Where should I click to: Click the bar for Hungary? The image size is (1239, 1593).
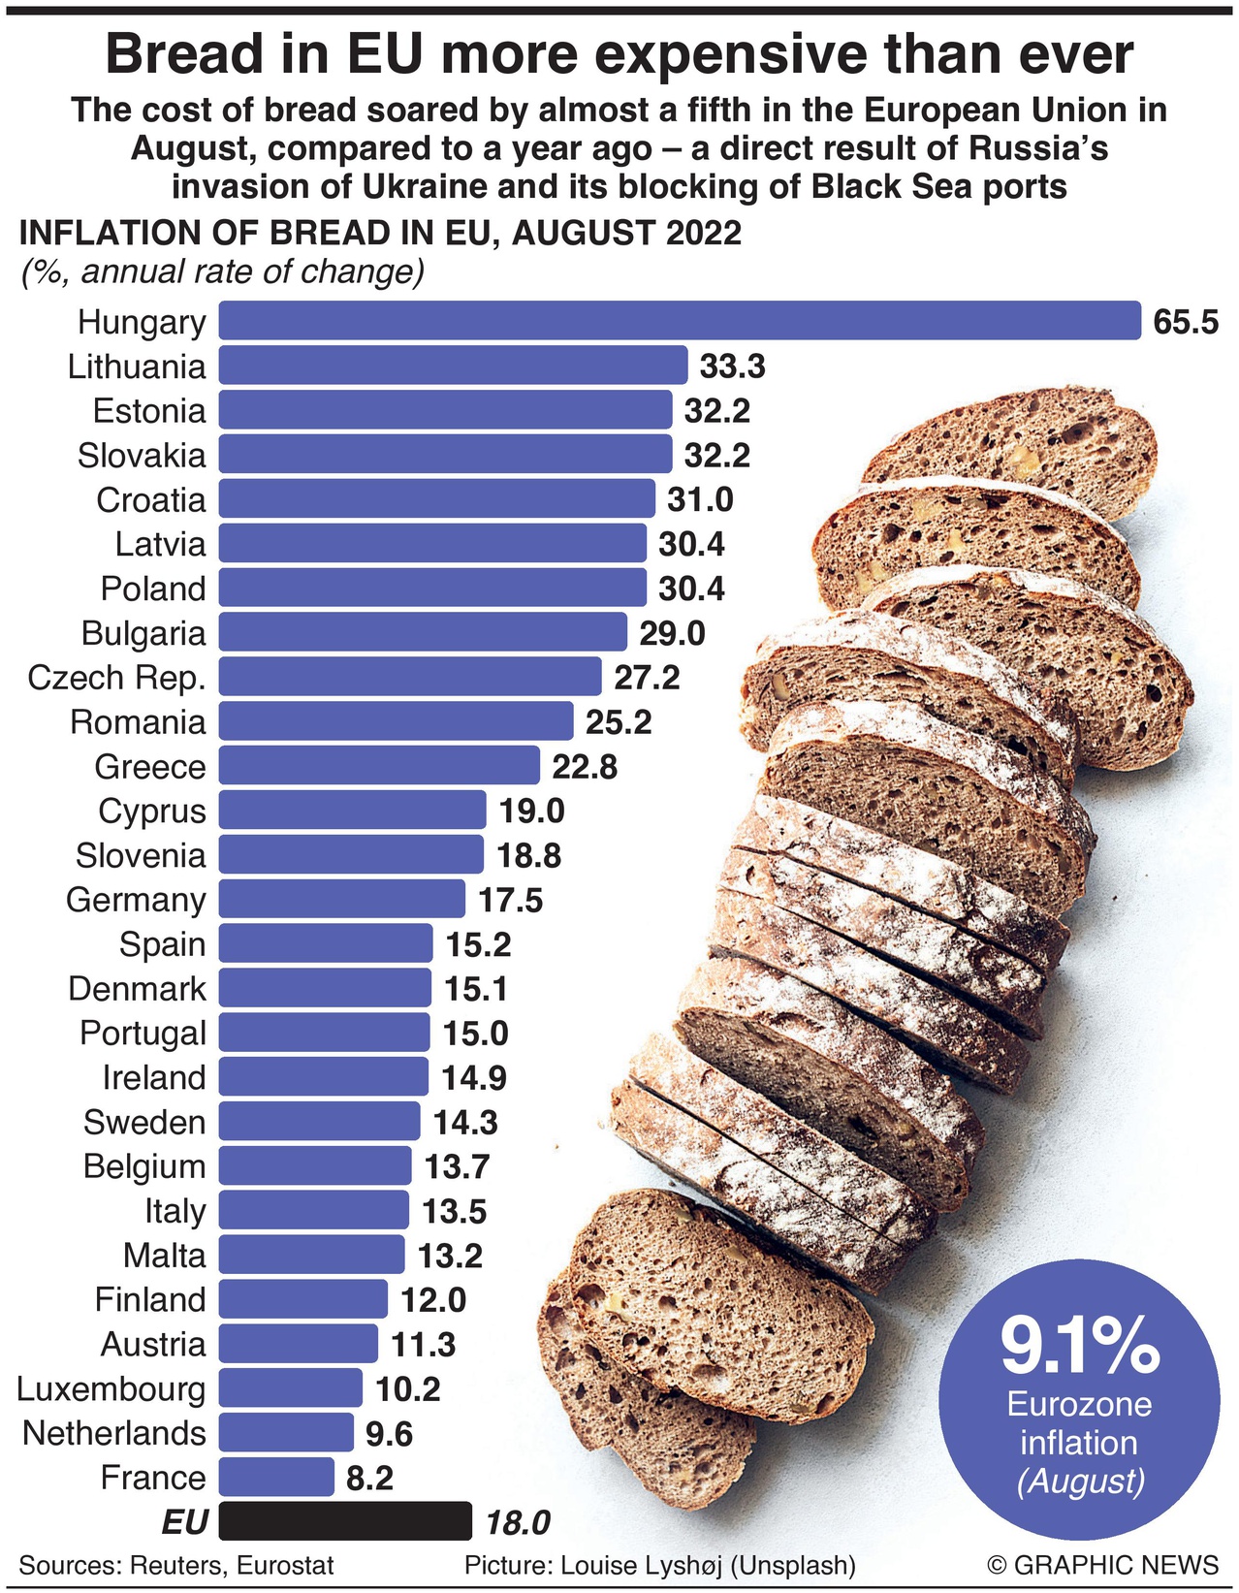tap(679, 321)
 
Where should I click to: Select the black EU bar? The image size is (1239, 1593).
tap(345, 1521)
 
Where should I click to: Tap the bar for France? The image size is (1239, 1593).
tap(276, 1477)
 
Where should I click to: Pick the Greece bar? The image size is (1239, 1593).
tap(378, 766)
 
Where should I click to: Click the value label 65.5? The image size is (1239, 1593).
tap(1185, 322)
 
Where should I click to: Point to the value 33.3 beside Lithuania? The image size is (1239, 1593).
tap(732, 366)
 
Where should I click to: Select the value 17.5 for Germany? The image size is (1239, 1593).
tap(510, 900)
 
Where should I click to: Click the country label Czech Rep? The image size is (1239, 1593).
tap(116, 677)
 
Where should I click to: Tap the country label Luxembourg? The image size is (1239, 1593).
tap(111, 1388)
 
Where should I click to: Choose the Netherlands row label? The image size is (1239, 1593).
tap(114, 1433)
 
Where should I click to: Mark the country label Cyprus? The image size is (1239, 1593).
tap(152, 811)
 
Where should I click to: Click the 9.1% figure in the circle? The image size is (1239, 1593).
tap(1079, 1346)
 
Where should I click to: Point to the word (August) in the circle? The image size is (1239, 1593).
tap(1079, 1481)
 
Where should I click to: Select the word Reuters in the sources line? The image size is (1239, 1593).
tap(175, 1565)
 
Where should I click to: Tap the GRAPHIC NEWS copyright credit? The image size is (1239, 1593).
tap(1102, 1565)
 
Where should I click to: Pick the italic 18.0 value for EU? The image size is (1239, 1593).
tap(518, 1522)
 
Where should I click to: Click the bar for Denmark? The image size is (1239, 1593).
tap(325, 988)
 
